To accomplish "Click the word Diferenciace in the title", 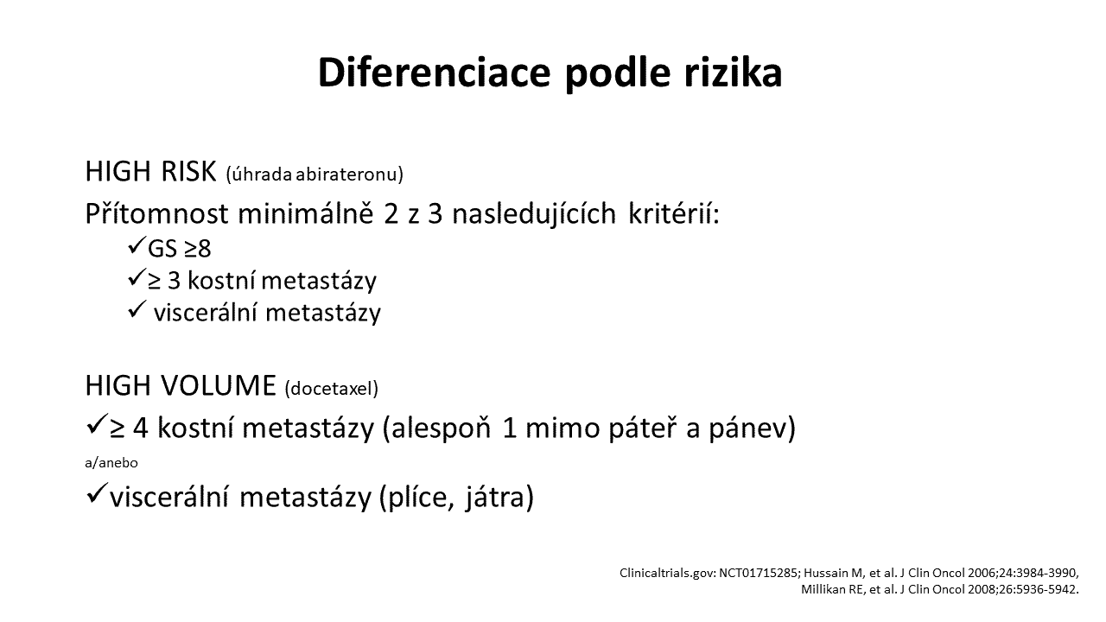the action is [x=434, y=73].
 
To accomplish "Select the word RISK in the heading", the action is [x=188, y=171].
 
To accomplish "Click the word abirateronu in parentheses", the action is [x=350, y=175].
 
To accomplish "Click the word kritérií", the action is [x=673, y=213].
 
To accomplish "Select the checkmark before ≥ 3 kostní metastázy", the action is [x=137, y=277].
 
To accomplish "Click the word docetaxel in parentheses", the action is [x=331, y=389].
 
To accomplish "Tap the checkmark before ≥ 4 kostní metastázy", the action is [x=96, y=424].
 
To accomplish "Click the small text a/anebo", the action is [x=111, y=463].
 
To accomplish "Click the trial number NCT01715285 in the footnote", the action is [x=758, y=573].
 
